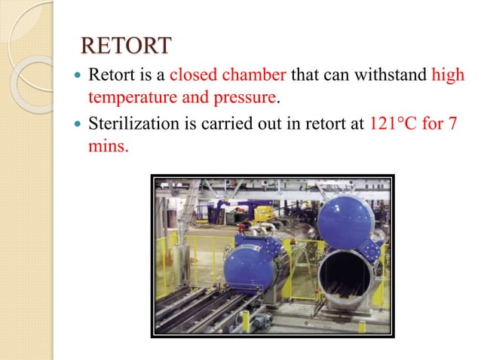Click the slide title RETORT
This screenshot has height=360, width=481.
(x=125, y=46)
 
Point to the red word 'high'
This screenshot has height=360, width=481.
(x=448, y=76)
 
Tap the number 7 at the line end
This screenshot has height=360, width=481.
(x=452, y=124)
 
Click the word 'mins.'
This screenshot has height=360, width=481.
(x=109, y=145)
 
